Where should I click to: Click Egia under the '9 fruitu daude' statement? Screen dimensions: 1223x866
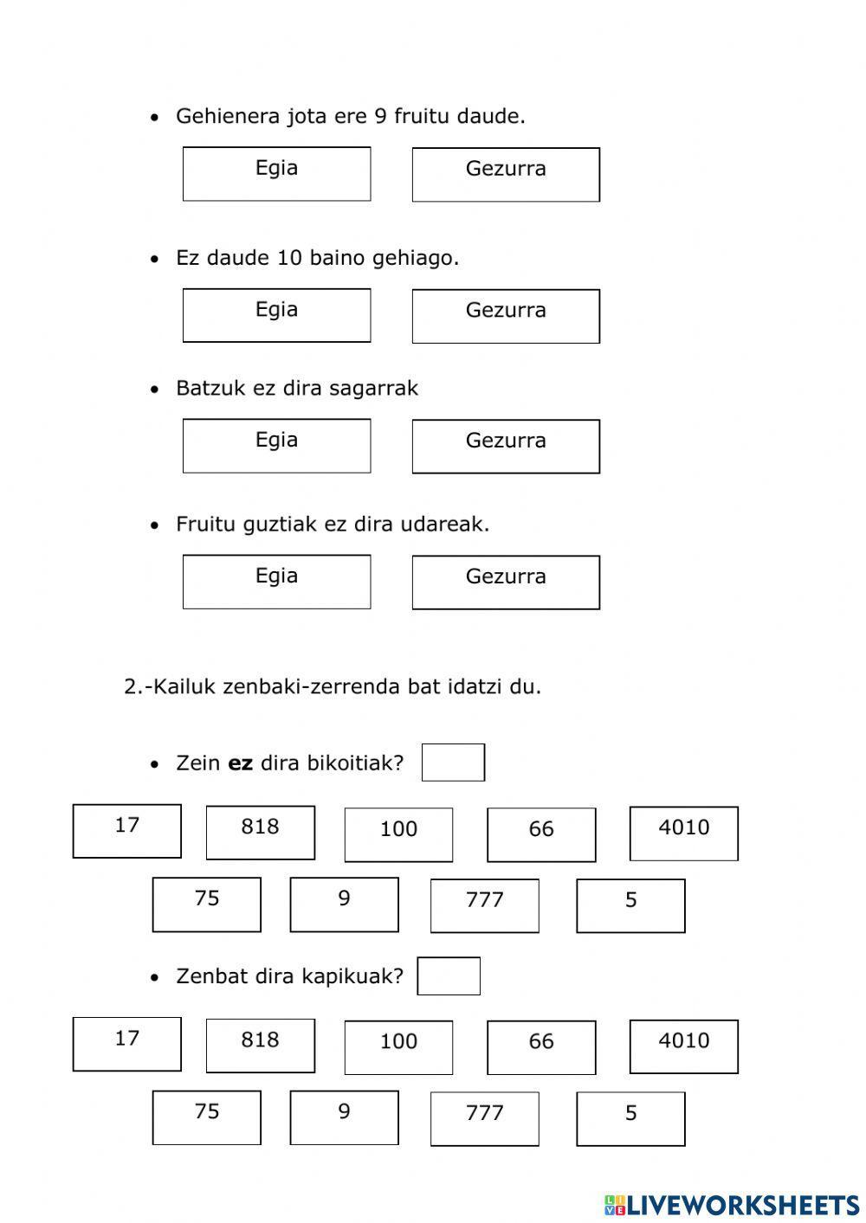pos(276,174)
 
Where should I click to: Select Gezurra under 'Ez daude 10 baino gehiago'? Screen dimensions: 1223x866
pos(506,316)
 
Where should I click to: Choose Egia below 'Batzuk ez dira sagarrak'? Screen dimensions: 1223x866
pos(276,446)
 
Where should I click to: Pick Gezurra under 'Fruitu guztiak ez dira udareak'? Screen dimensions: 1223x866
pos(506,582)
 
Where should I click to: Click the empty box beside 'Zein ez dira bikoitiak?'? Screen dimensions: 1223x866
pos(453,763)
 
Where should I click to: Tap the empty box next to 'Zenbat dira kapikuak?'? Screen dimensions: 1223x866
pos(449,976)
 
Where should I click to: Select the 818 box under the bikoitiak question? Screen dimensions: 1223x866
pos(260,832)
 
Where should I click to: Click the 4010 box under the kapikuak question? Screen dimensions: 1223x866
pos(683,1046)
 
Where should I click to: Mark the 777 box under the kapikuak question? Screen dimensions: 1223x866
pos(484,1118)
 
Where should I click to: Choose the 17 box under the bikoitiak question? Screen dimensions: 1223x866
pos(126,831)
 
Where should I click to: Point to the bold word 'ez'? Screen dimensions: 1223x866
pos(240,763)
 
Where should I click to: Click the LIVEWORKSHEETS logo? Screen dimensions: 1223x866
pos(731,1204)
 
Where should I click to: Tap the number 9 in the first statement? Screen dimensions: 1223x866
pos(380,116)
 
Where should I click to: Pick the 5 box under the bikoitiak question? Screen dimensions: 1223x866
pos(630,905)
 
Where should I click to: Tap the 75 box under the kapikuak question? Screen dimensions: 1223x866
pos(206,1117)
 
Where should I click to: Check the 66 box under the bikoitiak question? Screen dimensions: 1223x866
pos(541,834)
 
